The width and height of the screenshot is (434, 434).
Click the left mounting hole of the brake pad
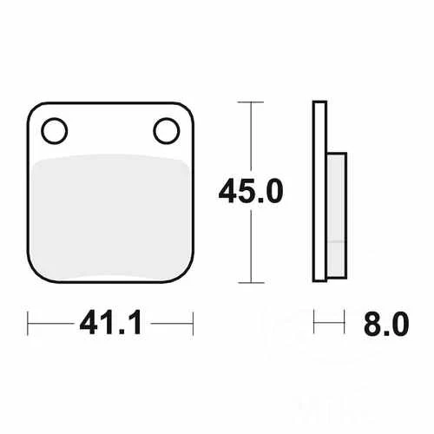pyautogui.click(x=54, y=130)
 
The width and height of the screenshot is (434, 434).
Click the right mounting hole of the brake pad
pyautogui.click(x=165, y=130)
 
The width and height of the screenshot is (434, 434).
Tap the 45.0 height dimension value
pyautogui.click(x=253, y=192)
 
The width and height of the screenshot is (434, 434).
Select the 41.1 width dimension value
pyautogui.click(x=109, y=325)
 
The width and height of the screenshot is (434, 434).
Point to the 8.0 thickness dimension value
pyautogui.click(x=383, y=325)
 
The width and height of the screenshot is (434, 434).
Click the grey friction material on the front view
pyautogui.click(x=109, y=217)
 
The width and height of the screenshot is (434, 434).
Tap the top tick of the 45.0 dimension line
pyautogui.click(x=251, y=102)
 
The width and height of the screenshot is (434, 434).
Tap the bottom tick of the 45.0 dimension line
pyautogui.click(x=251, y=283)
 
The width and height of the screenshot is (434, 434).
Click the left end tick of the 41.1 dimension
pyautogui.click(x=29, y=324)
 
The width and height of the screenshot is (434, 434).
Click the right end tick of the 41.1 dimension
pyautogui.click(x=190, y=324)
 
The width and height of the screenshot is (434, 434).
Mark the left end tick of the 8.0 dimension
pyautogui.click(x=313, y=324)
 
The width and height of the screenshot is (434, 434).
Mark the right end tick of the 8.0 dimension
pyautogui.click(x=347, y=324)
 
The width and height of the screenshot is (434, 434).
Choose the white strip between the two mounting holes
pyautogui.click(x=109, y=130)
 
